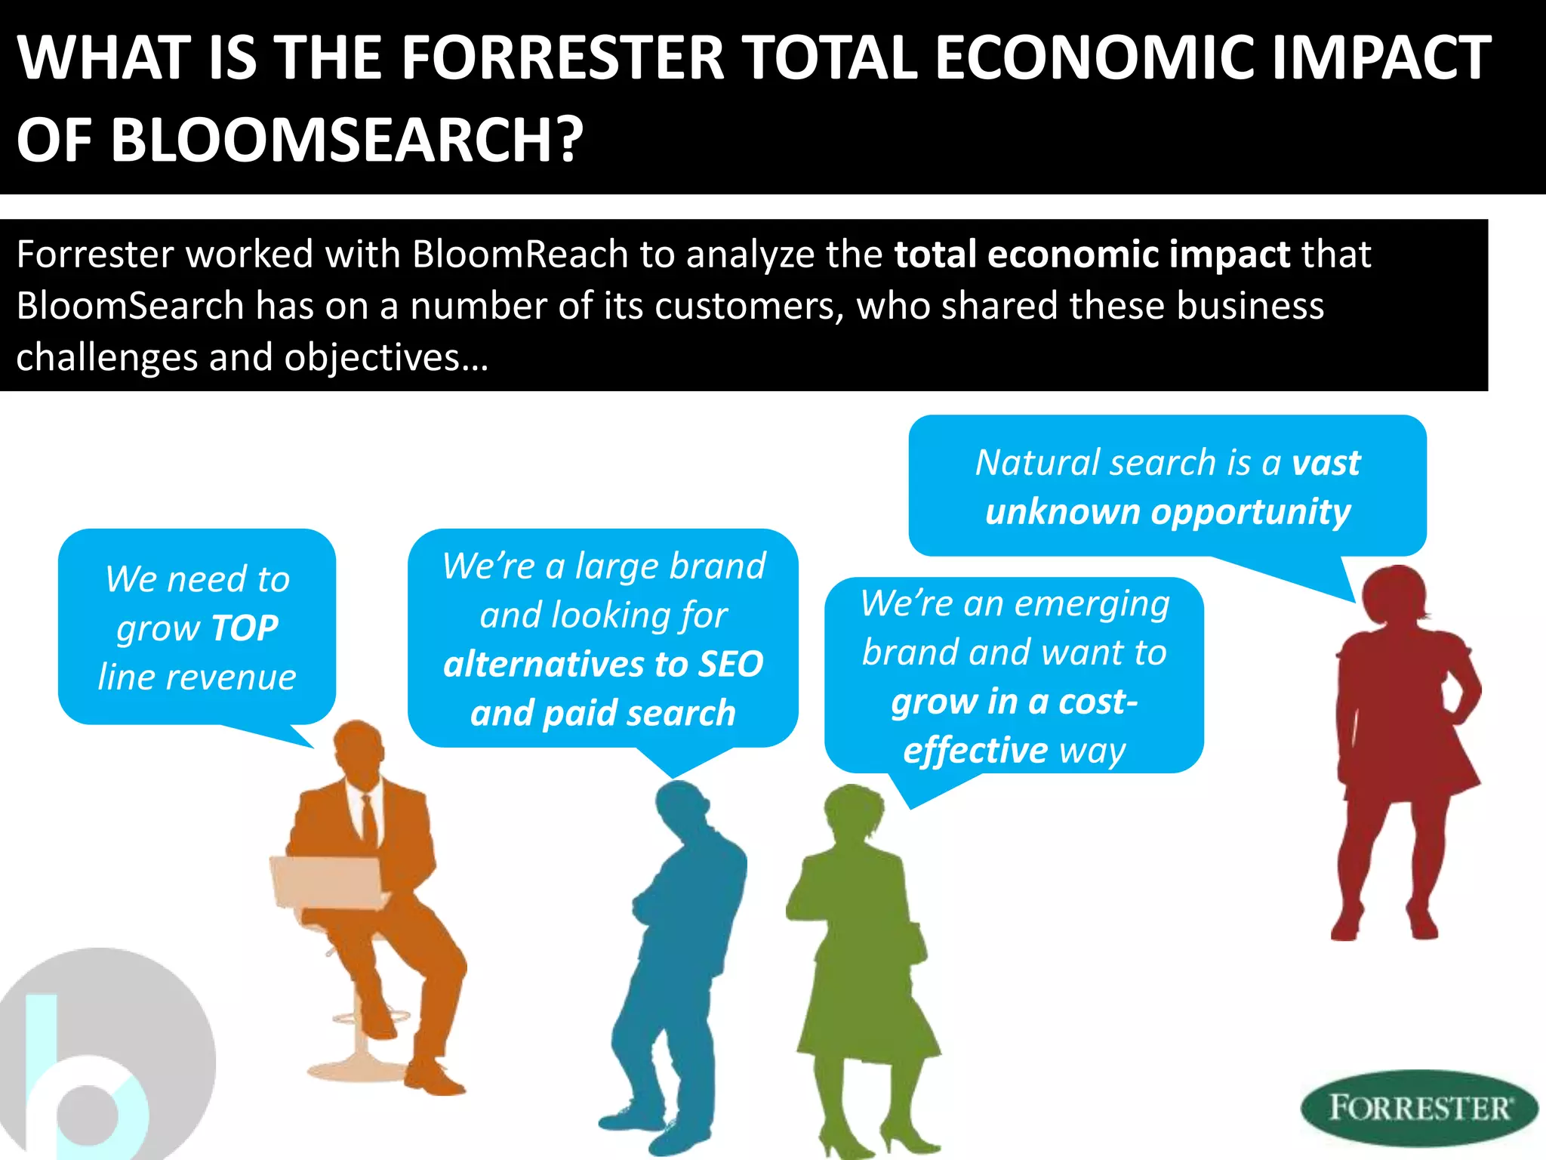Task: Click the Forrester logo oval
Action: [x=1418, y=1108]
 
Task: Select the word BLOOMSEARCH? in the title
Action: [x=347, y=140]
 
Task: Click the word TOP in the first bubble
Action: [x=245, y=628]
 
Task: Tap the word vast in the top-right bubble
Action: [x=1326, y=463]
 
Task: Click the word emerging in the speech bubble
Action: [x=1092, y=605]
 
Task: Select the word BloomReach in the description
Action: [x=520, y=255]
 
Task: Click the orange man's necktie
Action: [x=369, y=820]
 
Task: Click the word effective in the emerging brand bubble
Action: [x=975, y=751]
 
